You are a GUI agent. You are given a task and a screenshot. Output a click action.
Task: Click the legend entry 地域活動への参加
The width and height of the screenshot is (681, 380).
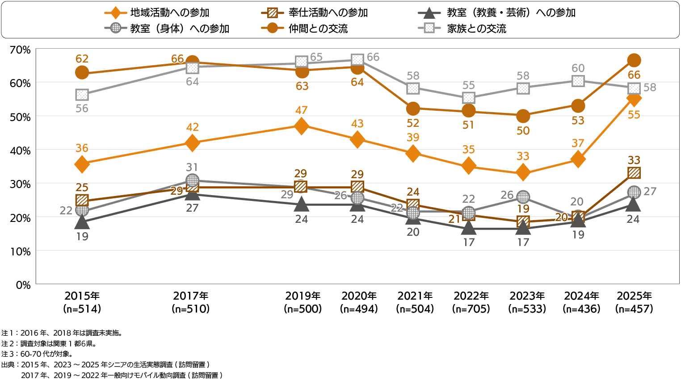[170, 13]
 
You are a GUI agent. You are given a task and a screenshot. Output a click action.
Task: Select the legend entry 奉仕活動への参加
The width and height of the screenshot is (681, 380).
[328, 13]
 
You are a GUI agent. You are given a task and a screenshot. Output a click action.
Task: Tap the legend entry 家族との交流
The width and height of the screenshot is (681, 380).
[476, 29]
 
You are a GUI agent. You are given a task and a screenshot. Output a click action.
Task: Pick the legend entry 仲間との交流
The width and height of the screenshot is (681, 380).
[318, 29]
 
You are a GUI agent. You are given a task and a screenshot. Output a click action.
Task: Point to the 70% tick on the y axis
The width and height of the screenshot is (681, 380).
[20, 50]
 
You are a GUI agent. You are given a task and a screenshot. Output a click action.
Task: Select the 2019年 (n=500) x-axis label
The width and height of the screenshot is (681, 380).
[303, 302]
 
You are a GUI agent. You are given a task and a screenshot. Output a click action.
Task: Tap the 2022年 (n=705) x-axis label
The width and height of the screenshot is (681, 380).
[471, 302]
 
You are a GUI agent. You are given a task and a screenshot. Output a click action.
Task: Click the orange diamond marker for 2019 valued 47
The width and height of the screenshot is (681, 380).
[302, 126]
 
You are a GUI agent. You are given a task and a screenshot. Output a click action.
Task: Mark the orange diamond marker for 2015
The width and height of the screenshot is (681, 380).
[82, 164]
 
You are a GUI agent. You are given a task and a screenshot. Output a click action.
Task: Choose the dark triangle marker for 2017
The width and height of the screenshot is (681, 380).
[192, 194]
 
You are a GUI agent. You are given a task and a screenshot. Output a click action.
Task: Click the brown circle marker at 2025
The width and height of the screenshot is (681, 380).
[634, 60]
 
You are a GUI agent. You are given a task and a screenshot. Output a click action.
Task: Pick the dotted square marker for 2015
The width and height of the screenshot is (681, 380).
[82, 95]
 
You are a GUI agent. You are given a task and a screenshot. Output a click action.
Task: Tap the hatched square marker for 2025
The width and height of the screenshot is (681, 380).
[634, 173]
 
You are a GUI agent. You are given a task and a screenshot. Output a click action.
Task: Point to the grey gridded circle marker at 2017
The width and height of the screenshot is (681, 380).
[192, 180]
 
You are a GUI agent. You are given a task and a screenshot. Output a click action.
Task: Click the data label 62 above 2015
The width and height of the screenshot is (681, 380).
[82, 59]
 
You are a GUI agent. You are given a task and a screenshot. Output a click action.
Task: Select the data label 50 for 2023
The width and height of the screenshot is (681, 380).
[523, 131]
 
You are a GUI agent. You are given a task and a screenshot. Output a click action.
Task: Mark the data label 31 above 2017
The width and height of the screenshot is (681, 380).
[192, 167]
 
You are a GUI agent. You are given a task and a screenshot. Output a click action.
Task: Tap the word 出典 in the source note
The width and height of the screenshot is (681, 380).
[8, 365]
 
